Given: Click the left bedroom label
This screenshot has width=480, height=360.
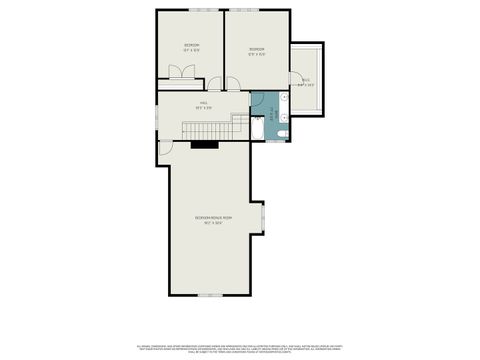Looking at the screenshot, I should point(191,46).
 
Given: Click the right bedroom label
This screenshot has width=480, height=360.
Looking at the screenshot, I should point(256,51).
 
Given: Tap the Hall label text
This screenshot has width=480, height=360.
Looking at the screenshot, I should point(202,104).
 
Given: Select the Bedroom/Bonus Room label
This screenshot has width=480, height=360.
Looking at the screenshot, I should point(213,219).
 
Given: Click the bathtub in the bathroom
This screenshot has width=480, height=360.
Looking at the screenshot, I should point(258,127).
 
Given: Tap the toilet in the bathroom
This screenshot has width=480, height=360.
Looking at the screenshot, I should point(284,132).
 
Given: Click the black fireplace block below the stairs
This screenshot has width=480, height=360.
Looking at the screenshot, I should point(205,144).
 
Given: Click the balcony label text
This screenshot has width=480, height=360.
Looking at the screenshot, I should point(307,83).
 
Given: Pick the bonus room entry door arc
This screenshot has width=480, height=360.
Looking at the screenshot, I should point(166,148).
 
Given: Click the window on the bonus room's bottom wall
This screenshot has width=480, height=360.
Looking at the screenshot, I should point(209,295).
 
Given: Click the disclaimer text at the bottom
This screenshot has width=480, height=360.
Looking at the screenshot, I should point(239,345).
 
